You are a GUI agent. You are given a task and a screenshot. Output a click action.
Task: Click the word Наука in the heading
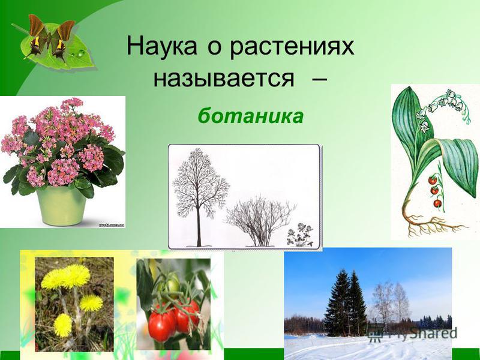161,47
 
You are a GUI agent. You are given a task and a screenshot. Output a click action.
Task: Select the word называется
224,79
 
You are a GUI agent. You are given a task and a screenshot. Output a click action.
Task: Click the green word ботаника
251,115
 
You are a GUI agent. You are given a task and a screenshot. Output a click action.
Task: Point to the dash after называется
319,80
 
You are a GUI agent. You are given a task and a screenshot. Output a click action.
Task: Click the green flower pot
61,206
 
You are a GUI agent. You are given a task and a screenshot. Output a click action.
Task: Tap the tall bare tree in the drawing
200,196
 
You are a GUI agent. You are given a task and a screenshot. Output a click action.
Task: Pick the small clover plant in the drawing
300,235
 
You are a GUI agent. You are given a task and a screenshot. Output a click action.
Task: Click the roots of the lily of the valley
431,223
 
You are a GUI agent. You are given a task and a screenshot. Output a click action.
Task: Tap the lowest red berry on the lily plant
438,203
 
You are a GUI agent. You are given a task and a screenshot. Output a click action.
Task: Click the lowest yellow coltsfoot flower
63,325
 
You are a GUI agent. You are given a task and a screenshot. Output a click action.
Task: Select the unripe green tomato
169,284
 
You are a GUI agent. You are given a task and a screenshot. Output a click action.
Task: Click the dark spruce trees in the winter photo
346,299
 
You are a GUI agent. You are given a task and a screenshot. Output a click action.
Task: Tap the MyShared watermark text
413,333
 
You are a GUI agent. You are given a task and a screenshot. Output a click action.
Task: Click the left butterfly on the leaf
36,37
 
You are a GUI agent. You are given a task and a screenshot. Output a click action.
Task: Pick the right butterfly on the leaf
62,40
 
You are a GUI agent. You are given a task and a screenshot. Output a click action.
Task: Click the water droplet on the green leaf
80,53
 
